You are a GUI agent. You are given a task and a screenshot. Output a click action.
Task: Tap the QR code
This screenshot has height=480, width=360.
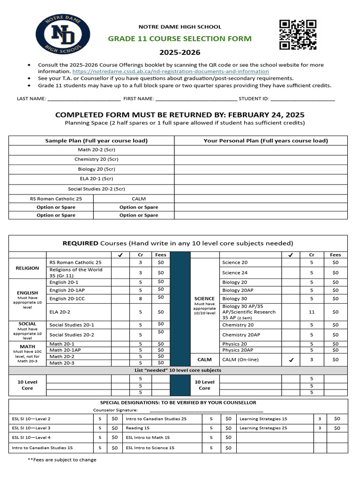(298, 34)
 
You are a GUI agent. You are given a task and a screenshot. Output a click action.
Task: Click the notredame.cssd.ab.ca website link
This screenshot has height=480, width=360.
(171, 71)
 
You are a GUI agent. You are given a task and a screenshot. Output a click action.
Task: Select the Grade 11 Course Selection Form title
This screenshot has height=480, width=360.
(180, 38)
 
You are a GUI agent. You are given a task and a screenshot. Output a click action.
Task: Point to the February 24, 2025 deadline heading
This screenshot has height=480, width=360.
(180, 115)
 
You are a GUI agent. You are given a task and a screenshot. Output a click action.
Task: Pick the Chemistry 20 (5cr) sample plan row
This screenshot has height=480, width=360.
(91, 159)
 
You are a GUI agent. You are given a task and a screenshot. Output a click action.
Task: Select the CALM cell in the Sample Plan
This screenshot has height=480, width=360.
(139, 199)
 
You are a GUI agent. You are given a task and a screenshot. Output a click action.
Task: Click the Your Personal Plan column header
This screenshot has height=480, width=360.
(265, 141)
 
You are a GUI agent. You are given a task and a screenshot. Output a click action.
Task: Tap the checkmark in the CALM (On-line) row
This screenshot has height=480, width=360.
(291, 360)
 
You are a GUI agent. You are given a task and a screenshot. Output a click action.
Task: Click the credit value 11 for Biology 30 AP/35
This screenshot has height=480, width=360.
(312, 312)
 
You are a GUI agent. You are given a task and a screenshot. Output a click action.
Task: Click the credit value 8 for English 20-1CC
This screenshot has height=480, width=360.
(140, 299)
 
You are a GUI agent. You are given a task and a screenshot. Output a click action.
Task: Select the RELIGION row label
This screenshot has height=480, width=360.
(27, 268)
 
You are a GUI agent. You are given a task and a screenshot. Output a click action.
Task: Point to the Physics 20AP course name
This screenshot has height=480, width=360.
(238, 350)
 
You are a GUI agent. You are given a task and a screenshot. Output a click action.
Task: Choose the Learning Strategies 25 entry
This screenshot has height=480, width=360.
(263, 428)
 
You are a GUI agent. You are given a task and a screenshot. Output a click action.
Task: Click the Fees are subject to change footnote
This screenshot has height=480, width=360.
(62, 460)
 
